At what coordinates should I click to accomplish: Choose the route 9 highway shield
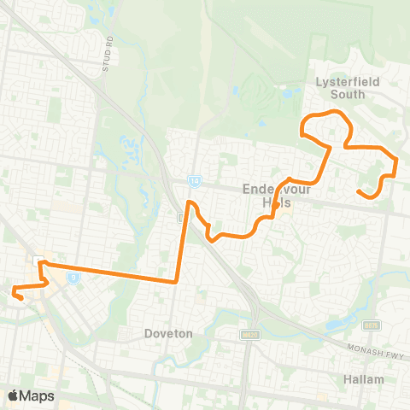tap(74, 277)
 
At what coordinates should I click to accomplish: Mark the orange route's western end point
tap(14, 295)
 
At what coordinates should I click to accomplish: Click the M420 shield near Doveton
tap(250, 334)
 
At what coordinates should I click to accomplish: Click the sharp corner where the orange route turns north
tap(175, 282)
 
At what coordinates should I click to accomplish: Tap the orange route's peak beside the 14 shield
tap(191, 203)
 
